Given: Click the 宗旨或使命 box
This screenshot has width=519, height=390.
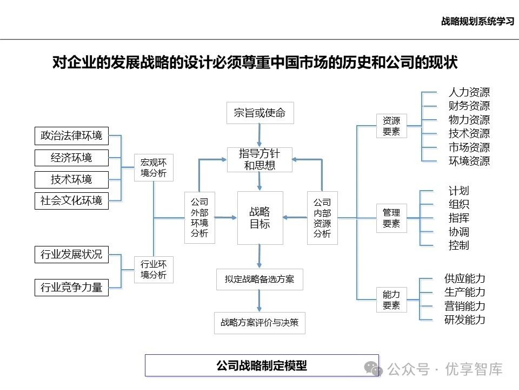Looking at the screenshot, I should pyautogui.click(x=259, y=113).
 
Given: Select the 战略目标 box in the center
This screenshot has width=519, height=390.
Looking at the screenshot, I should pyautogui.click(x=260, y=218).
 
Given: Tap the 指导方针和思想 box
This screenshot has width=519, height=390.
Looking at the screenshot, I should pyautogui.click(x=260, y=160).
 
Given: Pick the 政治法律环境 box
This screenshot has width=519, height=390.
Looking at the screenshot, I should pyautogui.click(x=71, y=136).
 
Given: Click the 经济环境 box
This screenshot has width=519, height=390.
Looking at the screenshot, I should pyautogui.click(x=71, y=158).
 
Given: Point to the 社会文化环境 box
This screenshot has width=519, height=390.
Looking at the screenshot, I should pyautogui.click(x=71, y=201).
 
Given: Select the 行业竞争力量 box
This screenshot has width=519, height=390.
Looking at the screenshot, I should pyautogui.click(x=71, y=287).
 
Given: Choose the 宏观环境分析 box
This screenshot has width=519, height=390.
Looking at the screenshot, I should pyautogui.click(x=154, y=168).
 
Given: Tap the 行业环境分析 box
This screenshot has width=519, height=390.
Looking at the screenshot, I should pyautogui.click(x=154, y=270).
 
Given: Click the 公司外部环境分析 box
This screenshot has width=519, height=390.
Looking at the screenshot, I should pyautogui.click(x=199, y=218).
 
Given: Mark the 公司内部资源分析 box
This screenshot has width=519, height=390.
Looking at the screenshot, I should pyautogui.click(x=322, y=218).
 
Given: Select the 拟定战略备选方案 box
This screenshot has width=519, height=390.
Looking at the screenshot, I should pyautogui.click(x=259, y=279).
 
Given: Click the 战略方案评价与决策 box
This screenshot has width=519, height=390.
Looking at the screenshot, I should pyautogui.click(x=259, y=323).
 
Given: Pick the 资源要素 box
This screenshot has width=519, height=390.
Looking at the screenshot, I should pyautogui.click(x=391, y=126).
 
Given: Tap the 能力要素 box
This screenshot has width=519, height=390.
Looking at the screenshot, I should pyautogui.click(x=391, y=300).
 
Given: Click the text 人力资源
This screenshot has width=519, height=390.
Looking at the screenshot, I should pyautogui.click(x=469, y=93).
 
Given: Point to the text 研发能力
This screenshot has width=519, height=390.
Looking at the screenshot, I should pyautogui.click(x=464, y=320).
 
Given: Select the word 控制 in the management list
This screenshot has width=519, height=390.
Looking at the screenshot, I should pyautogui.click(x=458, y=245).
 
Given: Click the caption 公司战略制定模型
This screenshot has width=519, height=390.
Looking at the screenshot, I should pyautogui.click(x=262, y=365).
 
